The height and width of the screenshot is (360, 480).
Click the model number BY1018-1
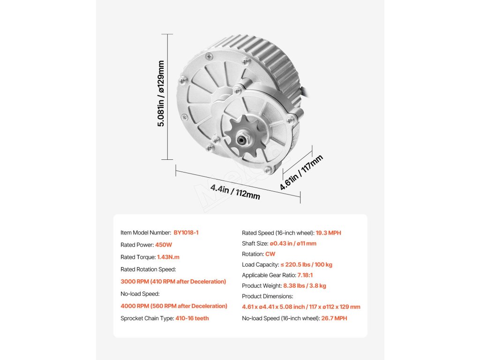[x=189, y=232]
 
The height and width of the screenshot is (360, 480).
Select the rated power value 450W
[x=164, y=245]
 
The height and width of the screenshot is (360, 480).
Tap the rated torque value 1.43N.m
[x=168, y=257]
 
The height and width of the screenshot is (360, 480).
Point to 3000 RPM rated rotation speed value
[x=173, y=281]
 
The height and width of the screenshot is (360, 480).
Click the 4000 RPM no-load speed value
[x=174, y=306]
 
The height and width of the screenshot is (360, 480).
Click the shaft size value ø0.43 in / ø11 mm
[x=293, y=243]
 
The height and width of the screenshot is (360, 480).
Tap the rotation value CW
[x=270, y=254]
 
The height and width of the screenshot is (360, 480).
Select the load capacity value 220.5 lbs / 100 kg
[x=307, y=264]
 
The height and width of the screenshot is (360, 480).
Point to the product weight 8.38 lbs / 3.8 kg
[x=305, y=285]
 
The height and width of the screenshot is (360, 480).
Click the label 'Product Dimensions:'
[x=267, y=296]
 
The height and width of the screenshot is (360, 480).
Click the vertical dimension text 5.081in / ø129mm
[x=161, y=93]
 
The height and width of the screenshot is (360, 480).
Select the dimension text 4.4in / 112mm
[x=235, y=192]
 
